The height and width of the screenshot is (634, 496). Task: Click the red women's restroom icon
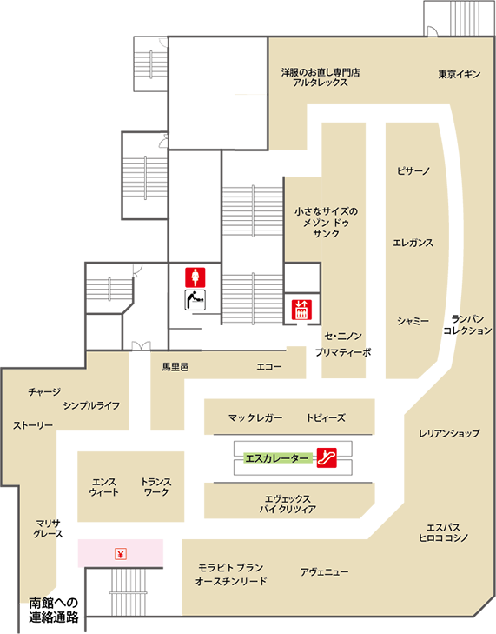pyautogui.click(x=195, y=277)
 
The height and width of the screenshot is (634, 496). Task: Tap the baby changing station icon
pyautogui.click(x=195, y=300)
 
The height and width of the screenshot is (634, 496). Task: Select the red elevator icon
pyautogui.click(x=301, y=310)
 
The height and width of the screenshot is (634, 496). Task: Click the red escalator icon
pyautogui.click(x=327, y=457)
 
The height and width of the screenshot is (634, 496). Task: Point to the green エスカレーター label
pyautogui.click(x=278, y=458)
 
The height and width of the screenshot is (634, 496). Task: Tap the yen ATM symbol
pyautogui.click(x=121, y=553)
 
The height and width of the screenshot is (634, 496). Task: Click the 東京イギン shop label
pyautogui.click(x=460, y=75)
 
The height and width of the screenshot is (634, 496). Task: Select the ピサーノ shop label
pyautogui.click(x=413, y=171)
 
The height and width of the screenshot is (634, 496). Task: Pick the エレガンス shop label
pyautogui.click(x=413, y=243)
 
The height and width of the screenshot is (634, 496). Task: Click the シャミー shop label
pyautogui.click(x=413, y=321)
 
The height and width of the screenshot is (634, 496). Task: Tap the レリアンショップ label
pyautogui.click(x=449, y=433)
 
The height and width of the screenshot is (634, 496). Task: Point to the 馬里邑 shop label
pyautogui.click(x=175, y=367)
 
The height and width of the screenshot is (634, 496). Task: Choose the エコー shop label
pyautogui.click(x=269, y=367)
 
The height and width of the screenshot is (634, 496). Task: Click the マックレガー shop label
pyautogui.click(x=255, y=417)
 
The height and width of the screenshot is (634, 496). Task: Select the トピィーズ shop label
pyautogui.click(x=326, y=417)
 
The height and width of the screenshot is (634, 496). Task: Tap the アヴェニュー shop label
pyautogui.click(x=324, y=572)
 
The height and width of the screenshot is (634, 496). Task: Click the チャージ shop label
pyautogui.click(x=44, y=391)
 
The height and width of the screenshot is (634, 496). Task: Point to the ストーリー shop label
pyautogui.click(x=33, y=425)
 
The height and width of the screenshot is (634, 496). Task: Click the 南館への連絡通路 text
pyautogui.click(x=54, y=611)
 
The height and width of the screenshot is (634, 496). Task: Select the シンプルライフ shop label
pyautogui.click(x=92, y=405)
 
